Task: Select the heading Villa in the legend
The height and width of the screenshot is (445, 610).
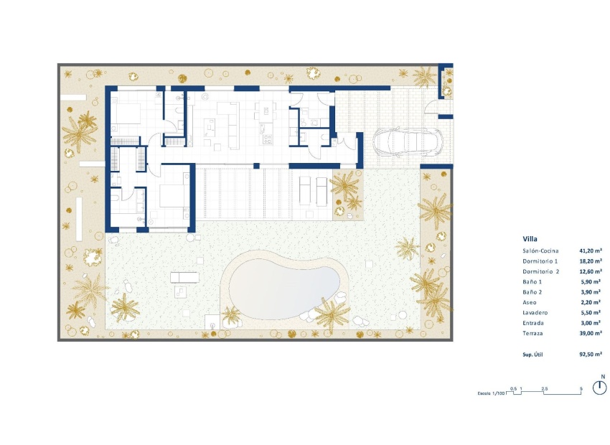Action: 531,239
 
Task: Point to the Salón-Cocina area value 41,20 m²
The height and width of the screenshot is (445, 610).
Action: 590,251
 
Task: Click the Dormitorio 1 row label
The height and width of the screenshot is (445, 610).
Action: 542,261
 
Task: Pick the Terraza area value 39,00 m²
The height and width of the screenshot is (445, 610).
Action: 590,334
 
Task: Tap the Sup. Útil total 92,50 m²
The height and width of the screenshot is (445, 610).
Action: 590,355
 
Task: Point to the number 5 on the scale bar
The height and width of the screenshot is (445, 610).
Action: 580,388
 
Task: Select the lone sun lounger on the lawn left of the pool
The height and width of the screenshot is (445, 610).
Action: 180,277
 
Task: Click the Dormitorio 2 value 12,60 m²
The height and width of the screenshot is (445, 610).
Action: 590,272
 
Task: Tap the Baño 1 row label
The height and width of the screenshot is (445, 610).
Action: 534,282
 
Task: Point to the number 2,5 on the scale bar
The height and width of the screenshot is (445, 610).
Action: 545,388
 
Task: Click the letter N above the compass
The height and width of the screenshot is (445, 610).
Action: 603,376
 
